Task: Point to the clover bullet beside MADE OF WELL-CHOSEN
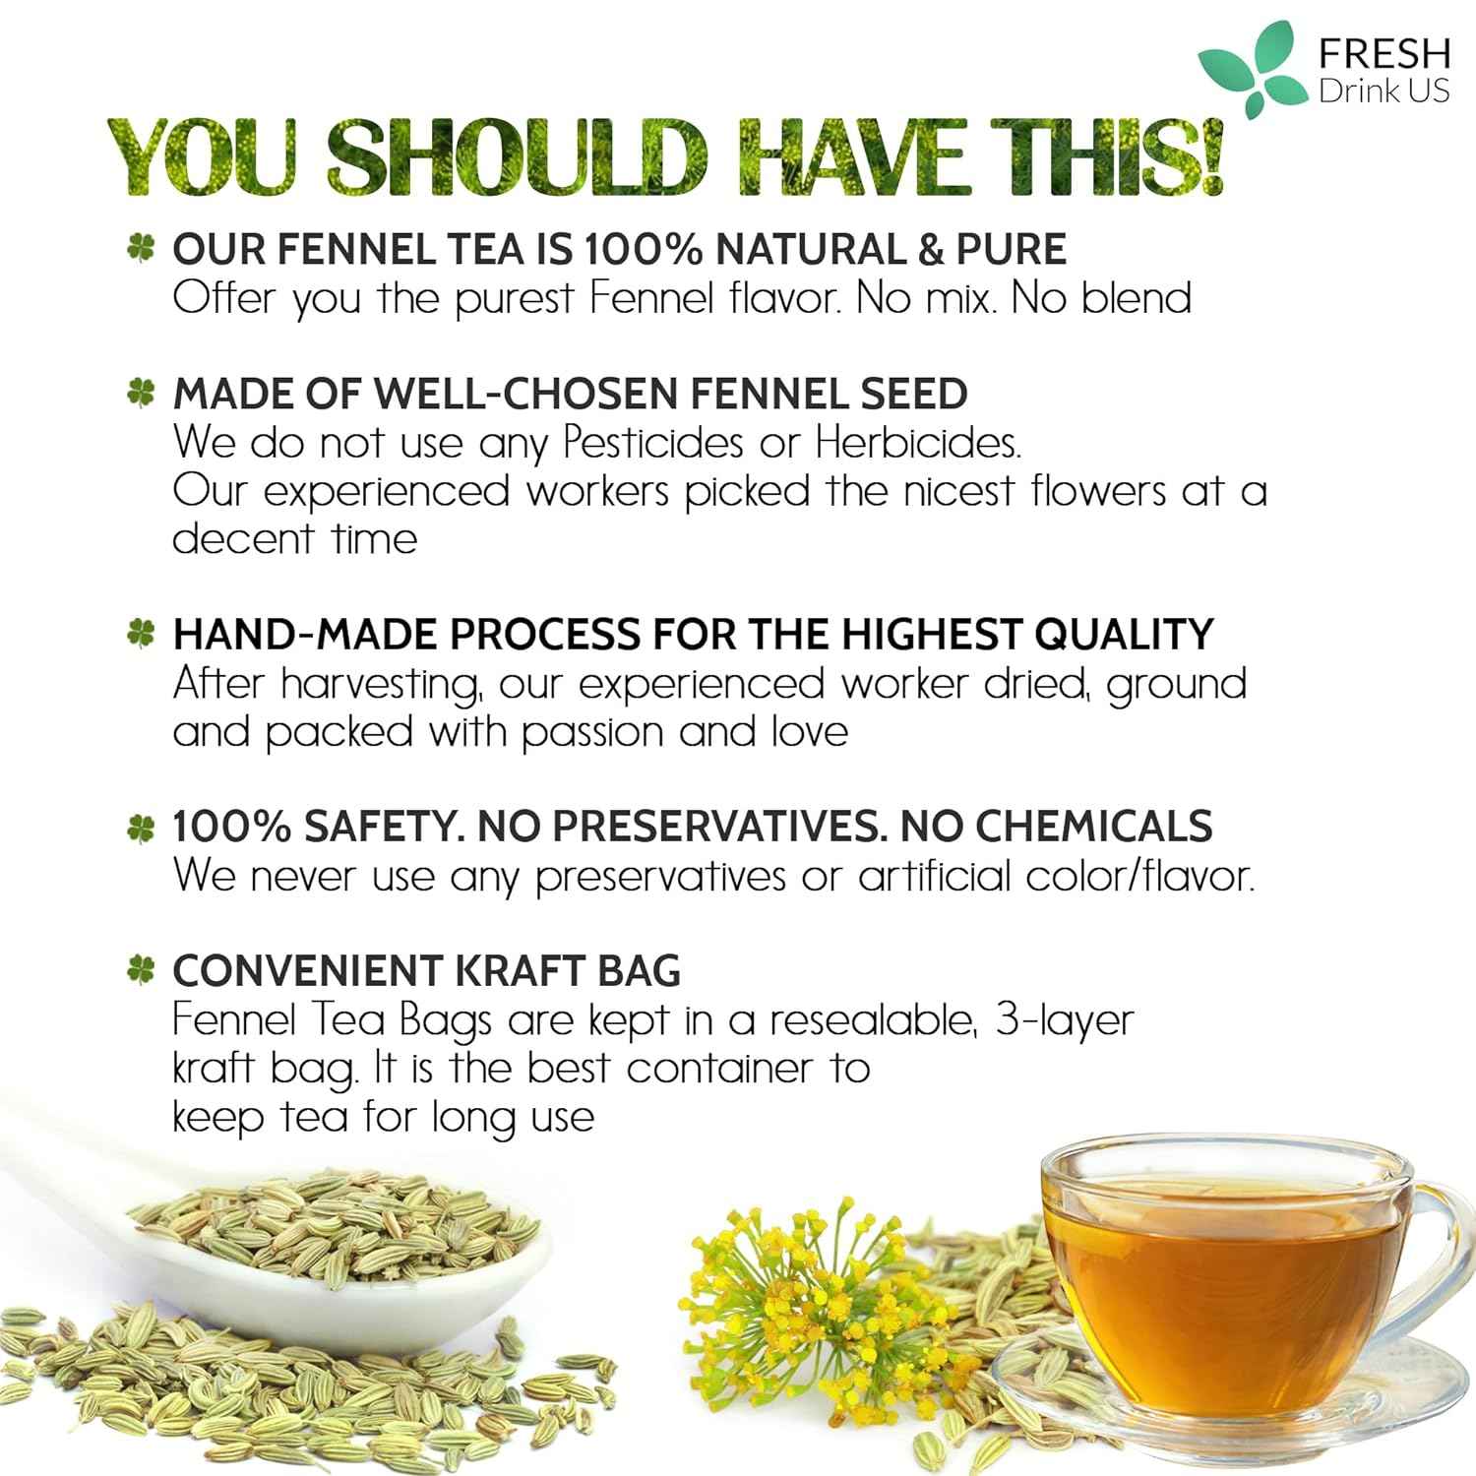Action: point(142,394)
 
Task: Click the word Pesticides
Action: point(652,443)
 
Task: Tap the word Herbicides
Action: point(918,443)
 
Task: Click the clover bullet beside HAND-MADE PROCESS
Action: point(142,635)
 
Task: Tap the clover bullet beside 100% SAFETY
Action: point(142,828)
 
